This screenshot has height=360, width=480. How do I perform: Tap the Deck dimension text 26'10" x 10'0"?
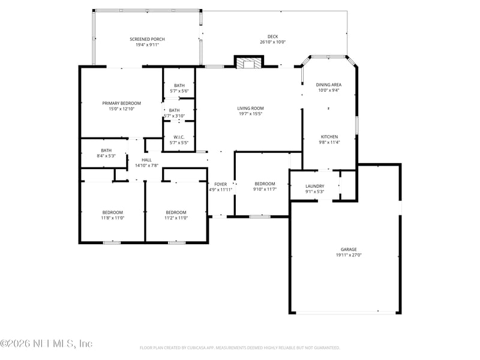click(x=272, y=43)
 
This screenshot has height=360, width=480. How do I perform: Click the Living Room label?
click(x=250, y=108)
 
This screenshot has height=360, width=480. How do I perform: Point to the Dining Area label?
click(x=328, y=85)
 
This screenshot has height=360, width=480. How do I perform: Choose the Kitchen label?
click(x=329, y=137)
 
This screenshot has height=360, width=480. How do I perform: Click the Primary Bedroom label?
click(x=121, y=103)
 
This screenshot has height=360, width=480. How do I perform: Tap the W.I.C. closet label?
click(x=178, y=137)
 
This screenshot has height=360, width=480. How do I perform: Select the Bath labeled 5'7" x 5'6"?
click(x=179, y=85)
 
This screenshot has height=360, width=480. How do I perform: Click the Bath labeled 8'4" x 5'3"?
click(x=106, y=150)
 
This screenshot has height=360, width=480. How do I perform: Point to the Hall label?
click(x=146, y=160)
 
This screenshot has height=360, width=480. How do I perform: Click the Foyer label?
click(x=220, y=184)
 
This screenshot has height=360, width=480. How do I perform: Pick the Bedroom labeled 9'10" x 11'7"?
click(x=265, y=184)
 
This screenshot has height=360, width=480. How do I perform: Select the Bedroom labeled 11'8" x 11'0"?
click(x=112, y=212)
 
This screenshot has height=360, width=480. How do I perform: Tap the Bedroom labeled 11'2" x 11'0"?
click(x=176, y=212)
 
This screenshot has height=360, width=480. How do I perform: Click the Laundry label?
click(x=314, y=186)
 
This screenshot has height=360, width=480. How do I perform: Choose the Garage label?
click(x=349, y=249)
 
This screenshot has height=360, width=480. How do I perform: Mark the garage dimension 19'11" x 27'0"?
click(x=349, y=255)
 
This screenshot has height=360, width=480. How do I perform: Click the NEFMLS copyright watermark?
click(x=46, y=344)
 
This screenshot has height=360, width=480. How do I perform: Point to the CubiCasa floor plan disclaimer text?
click(x=240, y=347)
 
